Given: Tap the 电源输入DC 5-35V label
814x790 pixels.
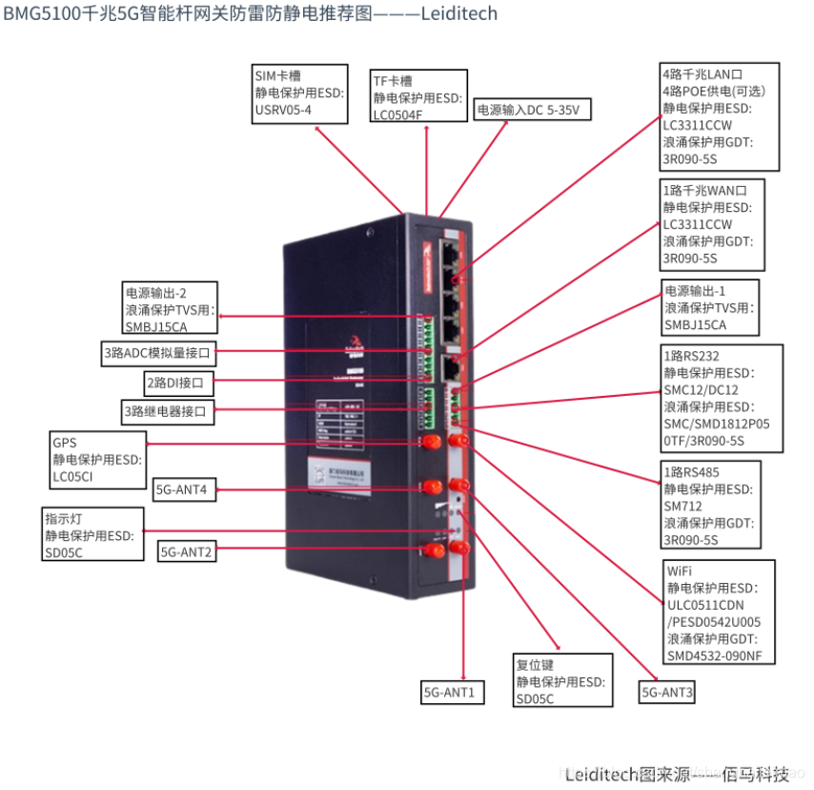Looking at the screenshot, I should point(532,110).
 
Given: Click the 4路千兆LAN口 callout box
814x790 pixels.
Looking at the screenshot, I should point(720,116).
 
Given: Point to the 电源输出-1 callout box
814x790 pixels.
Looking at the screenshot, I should point(710,307).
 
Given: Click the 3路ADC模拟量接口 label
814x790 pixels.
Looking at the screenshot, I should point(158,354).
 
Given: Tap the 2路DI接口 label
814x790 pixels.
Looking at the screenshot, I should point(180,384).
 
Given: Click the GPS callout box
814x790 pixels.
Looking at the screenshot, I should point(97,460).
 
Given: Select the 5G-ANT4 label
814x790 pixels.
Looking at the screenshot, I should point(186,490).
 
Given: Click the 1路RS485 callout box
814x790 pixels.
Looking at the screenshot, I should point(711,505).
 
